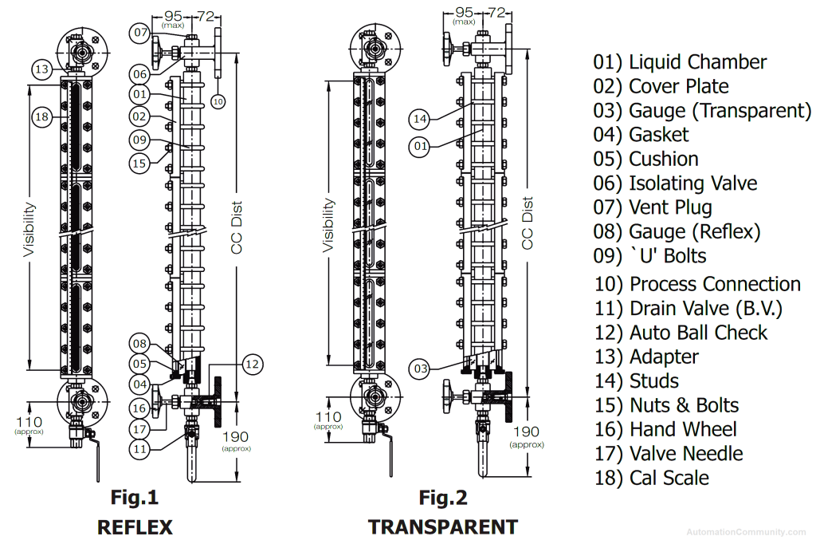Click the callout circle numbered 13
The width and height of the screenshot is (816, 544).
[x=43, y=69]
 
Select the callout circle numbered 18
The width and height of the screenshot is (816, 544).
[x=43, y=117]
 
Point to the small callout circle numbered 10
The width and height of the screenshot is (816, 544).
[x=218, y=101]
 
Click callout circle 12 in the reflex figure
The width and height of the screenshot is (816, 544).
[x=251, y=364]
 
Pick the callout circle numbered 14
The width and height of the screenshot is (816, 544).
[x=420, y=119]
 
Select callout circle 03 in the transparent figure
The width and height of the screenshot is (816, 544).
[x=420, y=369]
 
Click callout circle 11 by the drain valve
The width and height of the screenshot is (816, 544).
[x=140, y=448]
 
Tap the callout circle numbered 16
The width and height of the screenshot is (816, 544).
[x=140, y=408]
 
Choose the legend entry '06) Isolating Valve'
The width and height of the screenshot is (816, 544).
[x=674, y=183]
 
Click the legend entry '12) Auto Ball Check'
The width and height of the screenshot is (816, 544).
[x=680, y=333]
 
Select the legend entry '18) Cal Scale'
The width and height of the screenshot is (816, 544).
[x=651, y=478]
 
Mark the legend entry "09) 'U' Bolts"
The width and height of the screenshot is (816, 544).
[x=649, y=256]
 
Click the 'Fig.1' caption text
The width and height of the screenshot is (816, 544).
[x=134, y=498]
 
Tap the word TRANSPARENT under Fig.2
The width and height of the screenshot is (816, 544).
[x=442, y=526]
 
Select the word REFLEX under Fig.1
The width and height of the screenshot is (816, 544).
[x=134, y=526]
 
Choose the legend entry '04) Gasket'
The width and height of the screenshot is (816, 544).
[x=641, y=135]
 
